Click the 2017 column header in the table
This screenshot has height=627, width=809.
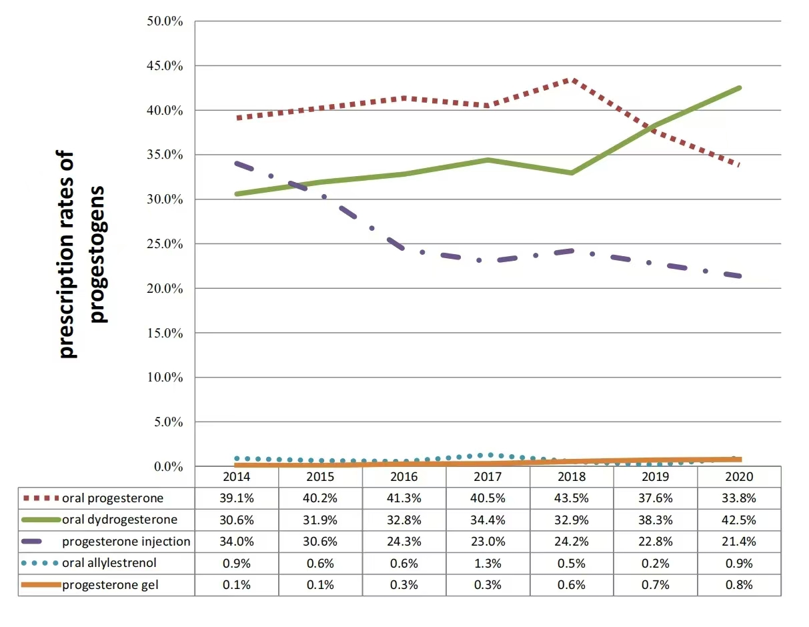(488, 477)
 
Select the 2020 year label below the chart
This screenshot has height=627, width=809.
(739, 477)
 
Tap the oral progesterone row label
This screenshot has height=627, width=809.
(113, 498)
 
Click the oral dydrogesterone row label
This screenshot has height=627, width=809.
(120, 520)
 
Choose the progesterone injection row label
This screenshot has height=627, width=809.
(126, 541)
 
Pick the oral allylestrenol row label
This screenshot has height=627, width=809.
(109, 563)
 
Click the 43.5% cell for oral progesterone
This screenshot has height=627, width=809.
(572, 498)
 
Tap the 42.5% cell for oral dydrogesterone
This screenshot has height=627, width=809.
(739, 520)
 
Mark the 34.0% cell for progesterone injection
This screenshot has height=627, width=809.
(237, 541)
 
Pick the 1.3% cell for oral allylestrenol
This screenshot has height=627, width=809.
(488, 563)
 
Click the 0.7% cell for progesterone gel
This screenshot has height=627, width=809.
(656, 585)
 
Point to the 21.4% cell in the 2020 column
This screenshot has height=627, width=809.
(739, 541)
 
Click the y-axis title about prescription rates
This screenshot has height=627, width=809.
(82, 253)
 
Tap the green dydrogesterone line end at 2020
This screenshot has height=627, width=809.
(739, 88)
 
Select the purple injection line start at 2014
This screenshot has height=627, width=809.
(237, 163)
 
